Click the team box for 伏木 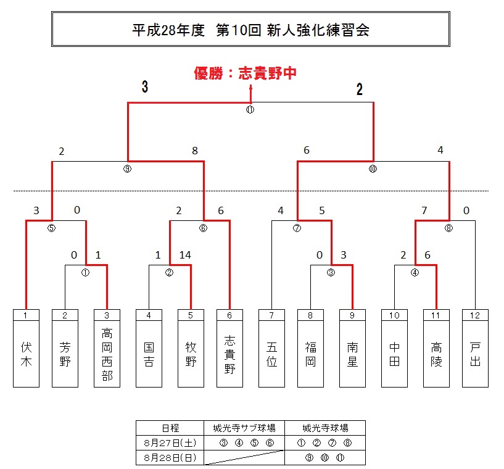[26, 354]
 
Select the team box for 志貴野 [229, 354]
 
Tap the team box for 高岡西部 [107, 354]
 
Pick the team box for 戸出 [475, 354]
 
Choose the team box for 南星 [352, 354]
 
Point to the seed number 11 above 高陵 [436, 315]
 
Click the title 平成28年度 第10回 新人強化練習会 [250, 30]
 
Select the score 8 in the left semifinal [195, 150]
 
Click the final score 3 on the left [144, 88]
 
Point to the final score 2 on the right [359, 89]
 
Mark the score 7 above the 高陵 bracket [424, 210]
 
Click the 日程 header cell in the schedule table [170, 428]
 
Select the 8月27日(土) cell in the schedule [170, 442]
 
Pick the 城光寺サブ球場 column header [244, 428]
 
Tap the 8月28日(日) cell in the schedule [170, 457]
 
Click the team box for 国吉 [149, 354]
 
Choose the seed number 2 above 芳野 [65, 315]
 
